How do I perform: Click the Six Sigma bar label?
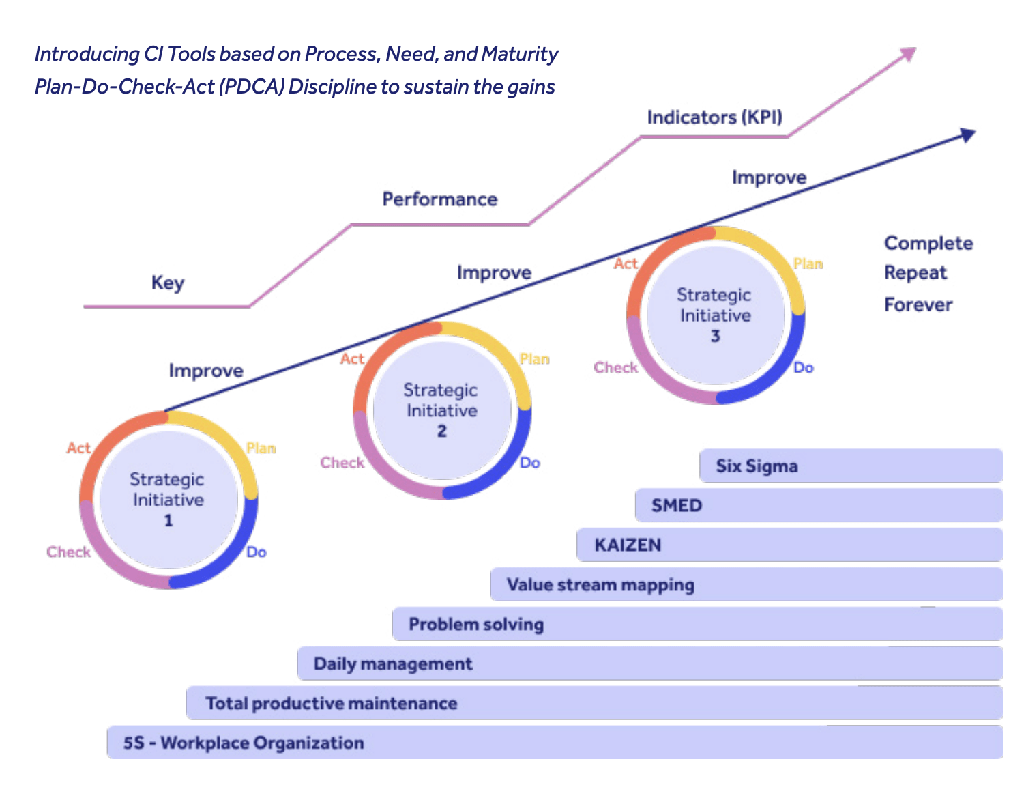pos(757,466)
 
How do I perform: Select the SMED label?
pos(676,506)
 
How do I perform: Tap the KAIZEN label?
pos(628,545)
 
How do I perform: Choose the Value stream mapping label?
pos(600,585)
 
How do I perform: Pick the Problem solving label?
pos(476,625)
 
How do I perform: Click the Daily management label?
pos(393,664)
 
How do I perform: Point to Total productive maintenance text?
pos(332,704)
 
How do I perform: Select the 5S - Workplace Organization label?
pos(244,743)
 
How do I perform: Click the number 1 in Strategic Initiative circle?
pos(168,521)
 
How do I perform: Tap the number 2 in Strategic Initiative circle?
pos(442,431)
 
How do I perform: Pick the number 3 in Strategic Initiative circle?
pos(715,337)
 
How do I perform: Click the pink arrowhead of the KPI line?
pos(908,54)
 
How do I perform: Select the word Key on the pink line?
pos(168,283)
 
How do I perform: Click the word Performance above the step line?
pos(440,199)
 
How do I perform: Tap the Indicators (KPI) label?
pos(714,117)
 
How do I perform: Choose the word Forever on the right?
pos(918,304)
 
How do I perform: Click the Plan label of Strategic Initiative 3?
pos(808,264)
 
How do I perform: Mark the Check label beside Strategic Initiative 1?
pos(68,552)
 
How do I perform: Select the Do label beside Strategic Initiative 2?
pos(530,463)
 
